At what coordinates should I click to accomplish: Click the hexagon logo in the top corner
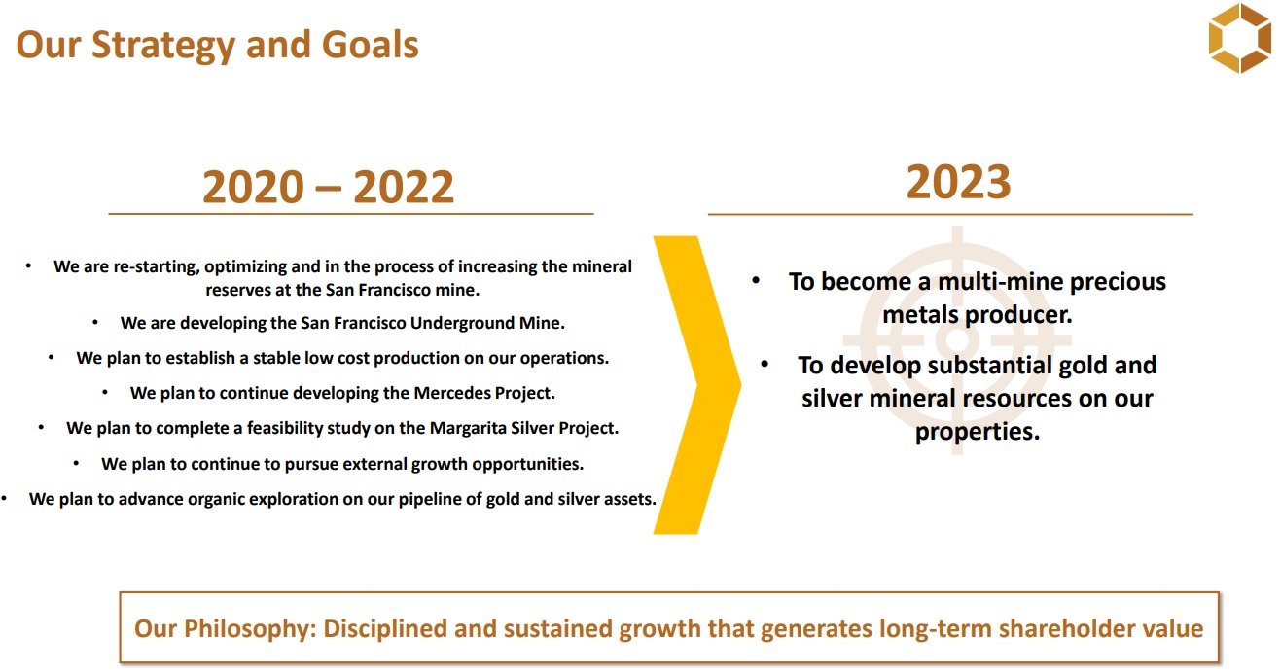point(1240,38)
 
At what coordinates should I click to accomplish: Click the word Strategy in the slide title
point(163,46)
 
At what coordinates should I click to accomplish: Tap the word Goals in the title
point(371,45)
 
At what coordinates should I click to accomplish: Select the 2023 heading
point(958,182)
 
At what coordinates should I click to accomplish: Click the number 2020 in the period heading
point(253,187)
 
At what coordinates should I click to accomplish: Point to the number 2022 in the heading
point(404,187)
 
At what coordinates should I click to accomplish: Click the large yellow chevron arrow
point(697,385)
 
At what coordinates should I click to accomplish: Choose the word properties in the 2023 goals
point(978,432)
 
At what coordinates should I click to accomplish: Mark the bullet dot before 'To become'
point(756,280)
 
